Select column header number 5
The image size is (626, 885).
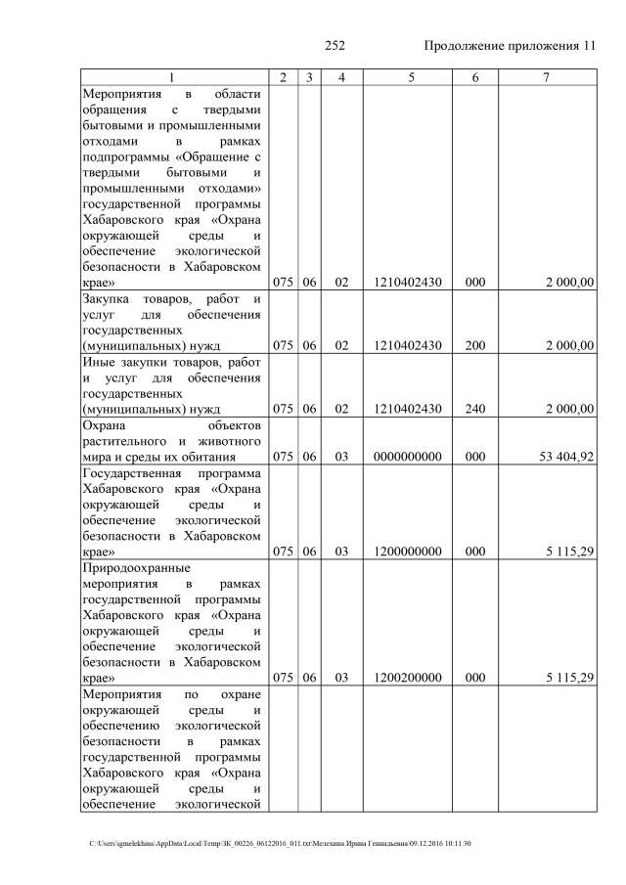(408, 77)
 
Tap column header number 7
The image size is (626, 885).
(545, 77)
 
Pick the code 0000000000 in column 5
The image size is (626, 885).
(408, 456)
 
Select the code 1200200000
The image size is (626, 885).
(408, 677)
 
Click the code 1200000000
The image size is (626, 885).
(408, 552)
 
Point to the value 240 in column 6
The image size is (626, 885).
(475, 409)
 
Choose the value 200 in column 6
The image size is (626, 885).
(475, 345)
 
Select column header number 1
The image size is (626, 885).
(172, 77)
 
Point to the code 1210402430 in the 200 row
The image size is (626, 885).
(408, 345)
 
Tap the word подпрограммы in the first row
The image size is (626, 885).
(133, 155)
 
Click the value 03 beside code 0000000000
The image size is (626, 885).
(341, 456)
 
